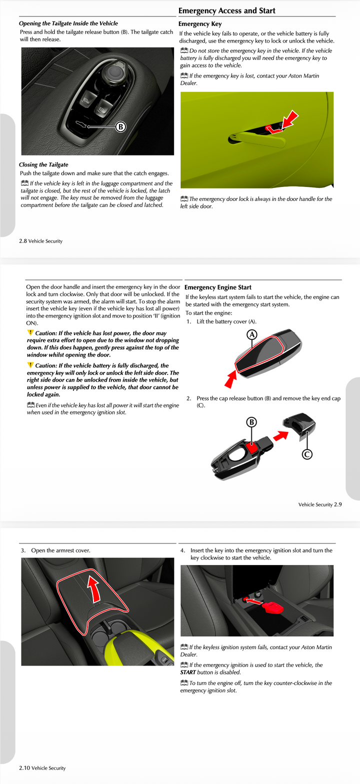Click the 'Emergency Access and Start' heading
(x=226, y=10)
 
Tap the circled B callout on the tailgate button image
(x=120, y=126)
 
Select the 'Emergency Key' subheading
(x=200, y=23)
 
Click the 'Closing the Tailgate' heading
(x=43, y=164)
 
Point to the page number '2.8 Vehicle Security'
(x=40, y=241)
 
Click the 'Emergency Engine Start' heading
(x=218, y=287)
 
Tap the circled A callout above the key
(x=252, y=334)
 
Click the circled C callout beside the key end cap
(x=307, y=454)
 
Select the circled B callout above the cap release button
(x=251, y=422)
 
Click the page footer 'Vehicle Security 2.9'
(x=320, y=504)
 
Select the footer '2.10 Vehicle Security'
(x=42, y=767)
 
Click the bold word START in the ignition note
(x=188, y=672)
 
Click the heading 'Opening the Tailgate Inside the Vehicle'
(x=68, y=23)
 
